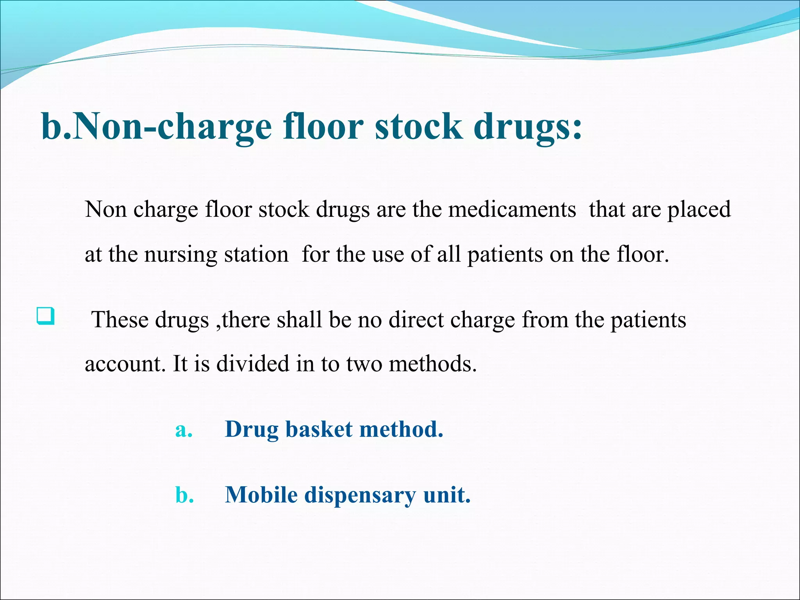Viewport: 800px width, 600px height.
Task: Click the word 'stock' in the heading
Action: pos(418,127)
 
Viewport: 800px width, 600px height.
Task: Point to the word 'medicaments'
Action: pos(512,209)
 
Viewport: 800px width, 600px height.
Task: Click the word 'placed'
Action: pos(699,209)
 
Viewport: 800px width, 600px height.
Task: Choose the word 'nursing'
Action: pos(180,255)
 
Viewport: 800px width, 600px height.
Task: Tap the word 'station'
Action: pos(256,255)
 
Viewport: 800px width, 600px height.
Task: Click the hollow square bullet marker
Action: pos(46,316)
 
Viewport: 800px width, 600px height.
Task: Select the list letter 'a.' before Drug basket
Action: pos(184,430)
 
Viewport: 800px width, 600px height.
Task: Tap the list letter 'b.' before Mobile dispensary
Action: pos(185,495)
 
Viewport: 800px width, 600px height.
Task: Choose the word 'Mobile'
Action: pos(261,495)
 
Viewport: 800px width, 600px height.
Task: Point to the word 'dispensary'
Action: pos(360,495)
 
